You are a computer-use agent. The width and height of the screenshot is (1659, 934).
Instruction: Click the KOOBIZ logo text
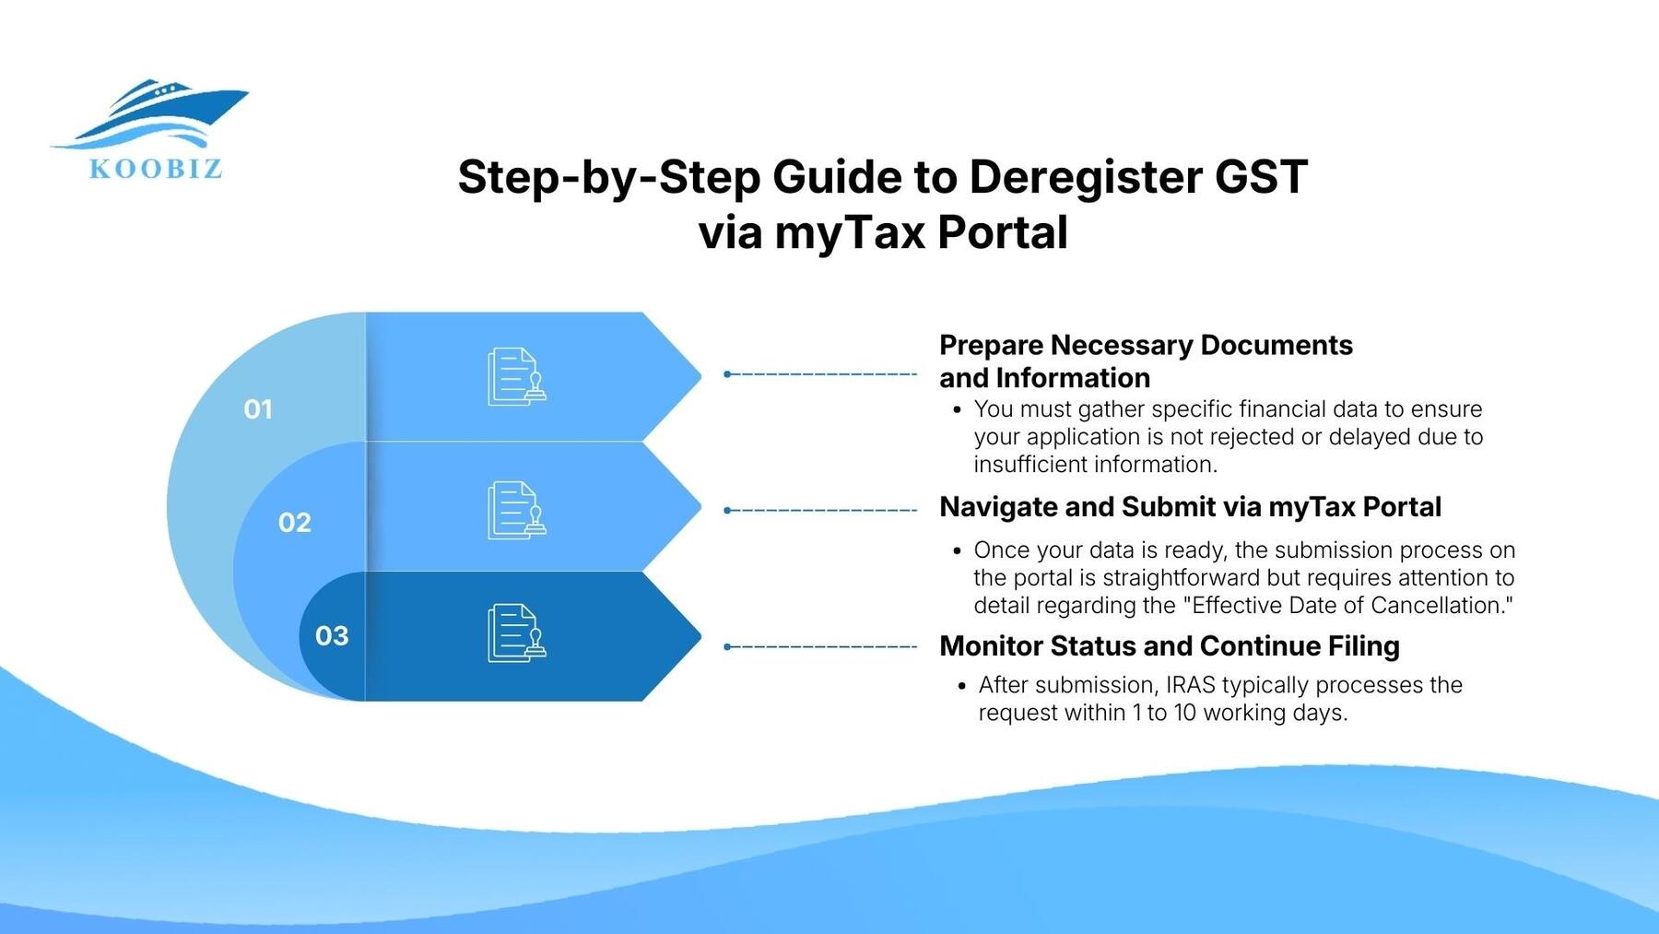[x=155, y=169]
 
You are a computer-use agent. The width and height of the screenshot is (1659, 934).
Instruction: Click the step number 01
[x=258, y=409]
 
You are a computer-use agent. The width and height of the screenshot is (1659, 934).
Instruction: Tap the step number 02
[x=295, y=523]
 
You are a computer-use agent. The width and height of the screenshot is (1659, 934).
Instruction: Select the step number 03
[x=332, y=636]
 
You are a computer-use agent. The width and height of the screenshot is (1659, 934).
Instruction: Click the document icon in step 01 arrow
[x=516, y=376]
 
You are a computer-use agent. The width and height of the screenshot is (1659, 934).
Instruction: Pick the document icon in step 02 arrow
[x=516, y=510]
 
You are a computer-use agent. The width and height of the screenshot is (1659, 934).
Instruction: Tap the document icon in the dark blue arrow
[x=516, y=633]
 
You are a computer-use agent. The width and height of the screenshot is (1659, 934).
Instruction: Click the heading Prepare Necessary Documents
[x=1146, y=346]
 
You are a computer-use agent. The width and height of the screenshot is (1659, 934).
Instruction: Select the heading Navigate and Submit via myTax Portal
[x=1190, y=507]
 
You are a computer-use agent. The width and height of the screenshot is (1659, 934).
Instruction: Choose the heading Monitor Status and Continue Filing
[x=1169, y=646]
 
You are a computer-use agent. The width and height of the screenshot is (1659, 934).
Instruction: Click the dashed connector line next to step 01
[x=820, y=374]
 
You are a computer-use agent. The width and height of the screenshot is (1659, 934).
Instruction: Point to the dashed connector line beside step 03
[x=820, y=647]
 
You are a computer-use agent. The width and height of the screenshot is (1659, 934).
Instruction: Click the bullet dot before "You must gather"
[x=958, y=409]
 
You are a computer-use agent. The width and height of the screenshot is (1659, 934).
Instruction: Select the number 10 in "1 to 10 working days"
[x=1184, y=713]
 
